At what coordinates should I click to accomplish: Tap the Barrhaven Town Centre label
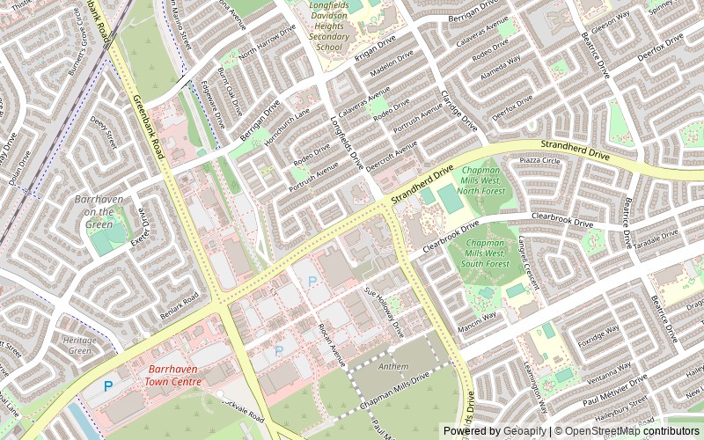pyautogui.click(x=174, y=376)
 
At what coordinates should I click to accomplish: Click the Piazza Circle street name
pyautogui.click(x=540, y=161)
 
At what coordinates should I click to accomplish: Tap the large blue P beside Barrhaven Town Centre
pyautogui.click(x=108, y=385)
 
